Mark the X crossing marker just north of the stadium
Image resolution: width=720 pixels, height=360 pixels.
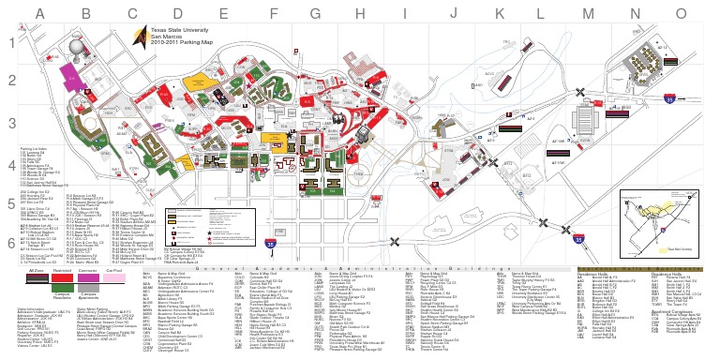581,92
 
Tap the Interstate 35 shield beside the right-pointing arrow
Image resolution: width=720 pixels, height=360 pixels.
669,97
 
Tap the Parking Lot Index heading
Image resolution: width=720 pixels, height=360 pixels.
34,148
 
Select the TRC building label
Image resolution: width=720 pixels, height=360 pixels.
505,43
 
